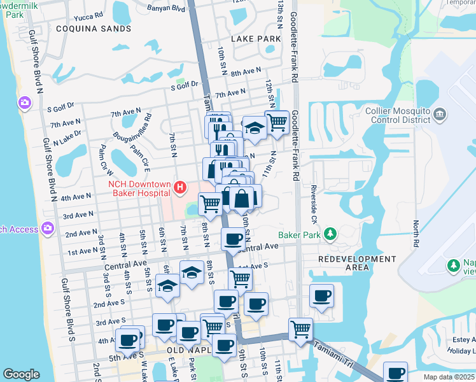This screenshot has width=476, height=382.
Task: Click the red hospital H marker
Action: coord(180,188)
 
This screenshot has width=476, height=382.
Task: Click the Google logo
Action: coord(21,374)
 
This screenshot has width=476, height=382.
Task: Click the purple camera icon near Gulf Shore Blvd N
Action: coord(25,103)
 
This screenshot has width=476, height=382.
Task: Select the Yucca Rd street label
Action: coord(88,18)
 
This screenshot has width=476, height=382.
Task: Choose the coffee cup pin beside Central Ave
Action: coord(232,239)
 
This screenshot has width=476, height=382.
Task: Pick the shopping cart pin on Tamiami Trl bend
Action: coord(300,329)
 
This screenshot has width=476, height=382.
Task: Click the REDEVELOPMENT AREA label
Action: coord(356,263)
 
